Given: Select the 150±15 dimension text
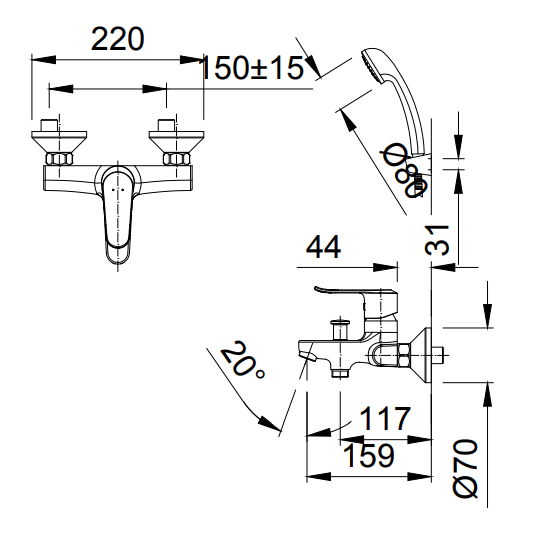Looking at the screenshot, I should point(251,68).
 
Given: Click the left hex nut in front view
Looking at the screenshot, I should point(56,159).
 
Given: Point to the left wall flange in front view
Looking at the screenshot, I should point(54,139).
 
